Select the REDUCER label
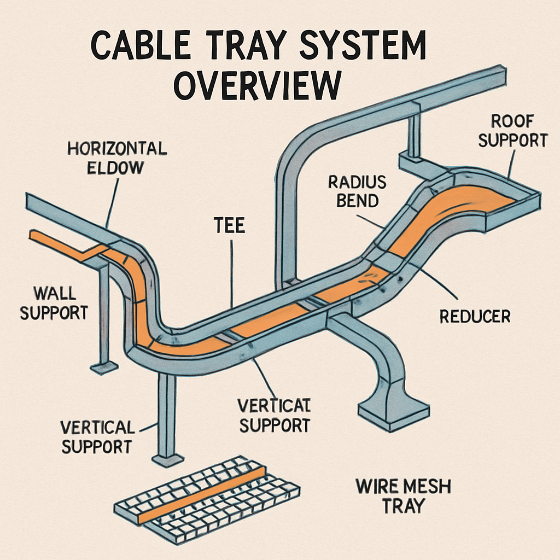point(475,316)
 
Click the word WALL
point(54,293)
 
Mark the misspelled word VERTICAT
point(273,405)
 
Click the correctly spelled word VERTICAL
point(97,427)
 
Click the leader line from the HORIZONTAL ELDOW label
point(112,202)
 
